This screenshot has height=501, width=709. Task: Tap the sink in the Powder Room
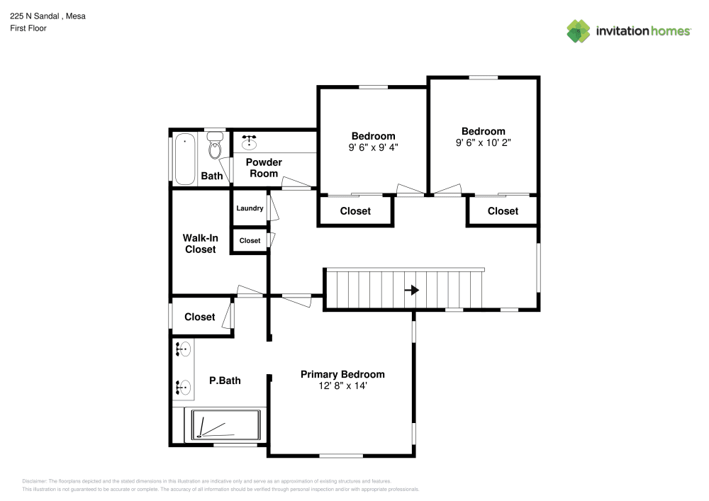tap(250, 142)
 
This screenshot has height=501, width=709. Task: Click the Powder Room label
tap(264, 168)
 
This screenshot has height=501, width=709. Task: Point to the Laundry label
tap(250, 208)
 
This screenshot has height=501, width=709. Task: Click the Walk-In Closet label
tap(200, 244)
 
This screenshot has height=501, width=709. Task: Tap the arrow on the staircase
tap(412, 290)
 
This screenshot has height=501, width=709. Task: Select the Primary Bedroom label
tap(342, 374)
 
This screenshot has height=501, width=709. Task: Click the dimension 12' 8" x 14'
tap(342, 386)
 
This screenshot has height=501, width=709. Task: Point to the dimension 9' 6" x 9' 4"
tap(373, 148)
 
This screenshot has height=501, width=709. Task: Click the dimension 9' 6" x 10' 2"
tap(483, 142)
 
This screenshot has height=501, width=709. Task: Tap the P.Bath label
tap(225, 381)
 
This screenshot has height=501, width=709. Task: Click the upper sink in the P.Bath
tap(183, 349)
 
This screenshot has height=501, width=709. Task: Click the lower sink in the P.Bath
tap(183, 387)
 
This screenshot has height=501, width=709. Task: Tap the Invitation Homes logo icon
tap(579, 31)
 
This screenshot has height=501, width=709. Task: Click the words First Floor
tap(28, 28)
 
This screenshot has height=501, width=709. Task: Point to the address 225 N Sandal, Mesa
tap(48, 16)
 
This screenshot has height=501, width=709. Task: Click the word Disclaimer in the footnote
tap(35, 480)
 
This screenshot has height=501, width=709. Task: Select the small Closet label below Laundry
tap(250, 241)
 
